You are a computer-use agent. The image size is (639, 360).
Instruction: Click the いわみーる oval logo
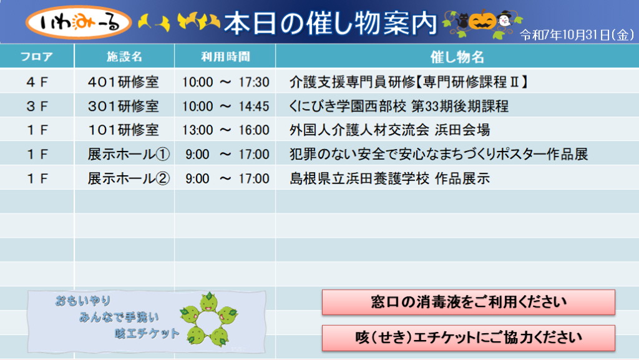click(x=79, y=22)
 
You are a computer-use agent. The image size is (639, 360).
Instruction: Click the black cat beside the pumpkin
click(x=462, y=21)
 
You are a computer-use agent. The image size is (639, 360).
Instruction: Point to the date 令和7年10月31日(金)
click(x=577, y=34)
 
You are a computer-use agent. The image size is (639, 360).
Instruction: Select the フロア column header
click(x=37, y=56)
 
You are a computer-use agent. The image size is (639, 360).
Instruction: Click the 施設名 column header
click(x=124, y=56)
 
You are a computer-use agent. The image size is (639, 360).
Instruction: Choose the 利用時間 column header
click(x=225, y=56)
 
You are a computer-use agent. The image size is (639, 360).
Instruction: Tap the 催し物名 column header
click(x=457, y=57)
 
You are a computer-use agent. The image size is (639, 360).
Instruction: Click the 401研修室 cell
click(x=123, y=82)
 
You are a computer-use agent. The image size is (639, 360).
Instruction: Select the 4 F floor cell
click(x=37, y=82)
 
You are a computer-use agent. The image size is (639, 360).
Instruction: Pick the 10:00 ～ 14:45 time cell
click(x=225, y=106)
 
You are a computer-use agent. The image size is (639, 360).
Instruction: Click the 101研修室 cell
click(x=123, y=130)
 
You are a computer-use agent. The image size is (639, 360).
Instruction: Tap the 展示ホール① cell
click(x=129, y=154)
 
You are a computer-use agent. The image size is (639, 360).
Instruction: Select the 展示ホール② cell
click(x=129, y=178)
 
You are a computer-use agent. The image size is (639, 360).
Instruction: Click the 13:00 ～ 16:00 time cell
click(x=225, y=130)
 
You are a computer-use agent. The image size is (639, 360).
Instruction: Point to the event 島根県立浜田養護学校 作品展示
click(x=389, y=178)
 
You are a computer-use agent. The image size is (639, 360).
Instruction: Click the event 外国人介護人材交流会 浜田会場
click(x=389, y=130)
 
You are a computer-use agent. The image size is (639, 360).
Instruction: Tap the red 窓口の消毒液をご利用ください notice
click(x=468, y=302)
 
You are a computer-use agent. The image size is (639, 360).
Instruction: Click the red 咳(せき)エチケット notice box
click(x=468, y=338)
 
